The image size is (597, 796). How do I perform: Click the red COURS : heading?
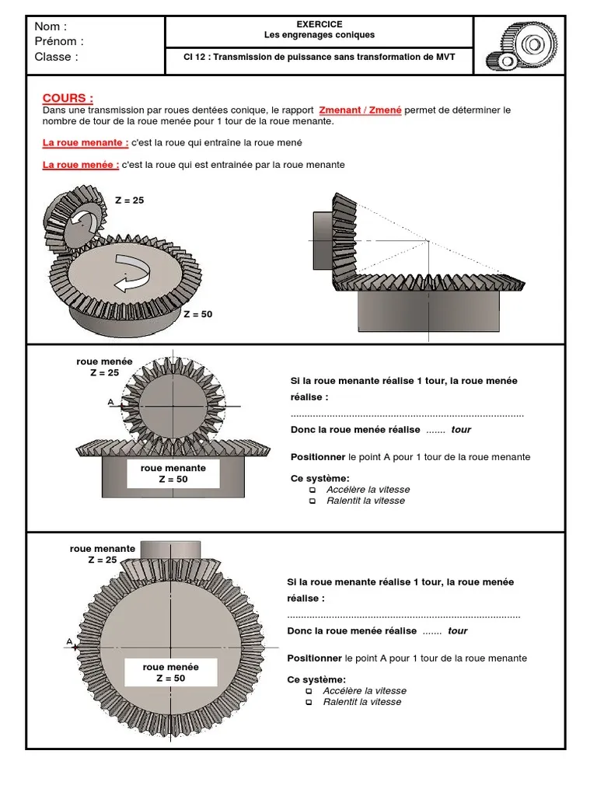[x=68, y=99]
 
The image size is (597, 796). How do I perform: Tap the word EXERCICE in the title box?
[x=319, y=25]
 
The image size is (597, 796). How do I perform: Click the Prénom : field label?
[x=59, y=41]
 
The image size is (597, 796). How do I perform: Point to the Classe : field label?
[x=57, y=57]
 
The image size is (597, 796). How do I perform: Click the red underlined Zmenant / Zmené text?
[x=360, y=110]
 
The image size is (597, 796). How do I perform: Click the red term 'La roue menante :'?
[x=86, y=143]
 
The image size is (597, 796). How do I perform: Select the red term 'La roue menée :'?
[x=81, y=165]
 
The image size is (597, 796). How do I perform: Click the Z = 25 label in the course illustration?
[x=129, y=201]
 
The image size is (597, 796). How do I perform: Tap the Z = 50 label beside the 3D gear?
[x=197, y=315]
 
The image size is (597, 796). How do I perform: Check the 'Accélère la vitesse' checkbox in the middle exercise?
[x=312, y=491]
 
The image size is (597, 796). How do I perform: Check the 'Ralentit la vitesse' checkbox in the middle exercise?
[x=312, y=501]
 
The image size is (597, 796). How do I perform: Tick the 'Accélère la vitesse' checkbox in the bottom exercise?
[x=309, y=691]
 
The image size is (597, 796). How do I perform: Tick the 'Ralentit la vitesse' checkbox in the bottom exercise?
[x=309, y=702]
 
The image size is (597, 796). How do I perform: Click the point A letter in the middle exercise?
[x=112, y=402]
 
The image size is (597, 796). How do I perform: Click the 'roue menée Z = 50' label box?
[x=170, y=672]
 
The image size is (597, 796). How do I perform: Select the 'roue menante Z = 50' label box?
[x=173, y=473]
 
